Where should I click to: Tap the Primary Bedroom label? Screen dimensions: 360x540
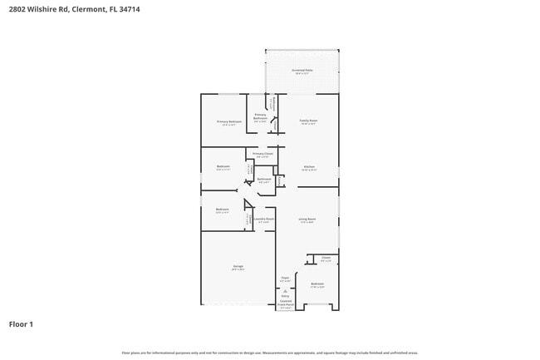point(229,122)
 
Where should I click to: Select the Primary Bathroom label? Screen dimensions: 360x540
point(260,116)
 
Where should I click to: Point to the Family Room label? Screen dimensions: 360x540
point(308,121)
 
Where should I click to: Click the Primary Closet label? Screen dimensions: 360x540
point(261,154)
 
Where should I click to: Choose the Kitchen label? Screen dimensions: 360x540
point(308,168)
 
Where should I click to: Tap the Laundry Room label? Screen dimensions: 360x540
point(264,220)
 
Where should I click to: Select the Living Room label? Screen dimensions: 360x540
point(307,220)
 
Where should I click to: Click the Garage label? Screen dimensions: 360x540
point(238,268)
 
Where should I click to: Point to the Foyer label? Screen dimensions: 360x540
point(285,279)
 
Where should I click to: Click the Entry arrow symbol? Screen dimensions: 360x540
point(285,290)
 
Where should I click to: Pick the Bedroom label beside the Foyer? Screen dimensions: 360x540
point(317,284)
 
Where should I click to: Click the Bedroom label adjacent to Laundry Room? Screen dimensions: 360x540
point(223,209)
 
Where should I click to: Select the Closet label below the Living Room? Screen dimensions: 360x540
point(326,259)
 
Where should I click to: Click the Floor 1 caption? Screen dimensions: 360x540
point(22,323)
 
